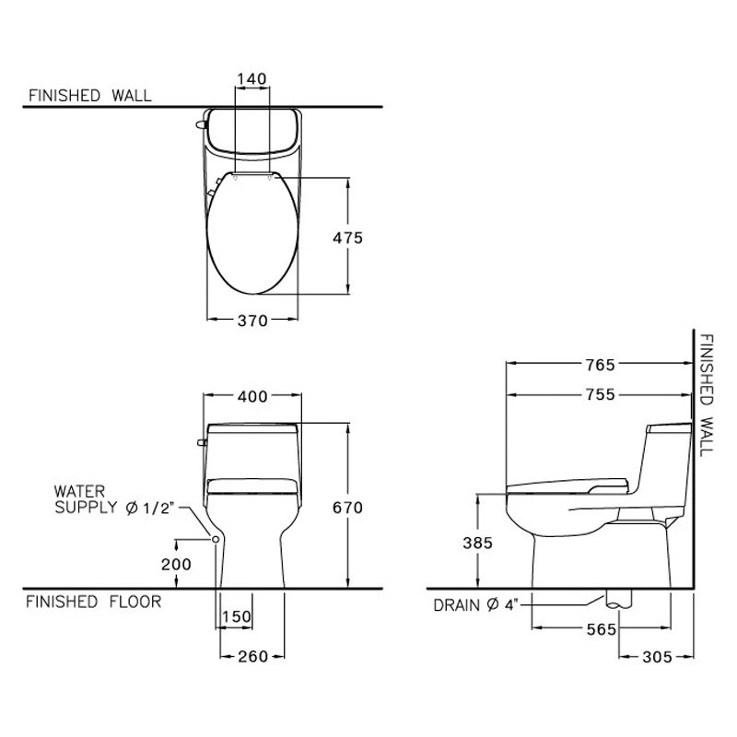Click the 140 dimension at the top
click(x=252, y=78)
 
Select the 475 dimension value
click(x=348, y=237)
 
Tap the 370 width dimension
click(x=252, y=321)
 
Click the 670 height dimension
click(x=348, y=508)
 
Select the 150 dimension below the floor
click(x=238, y=616)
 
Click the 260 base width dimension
click(x=251, y=656)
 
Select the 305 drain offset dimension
click(x=656, y=656)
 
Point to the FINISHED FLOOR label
click(x=93, y=602)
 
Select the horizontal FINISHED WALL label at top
click(x=90, y=95)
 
